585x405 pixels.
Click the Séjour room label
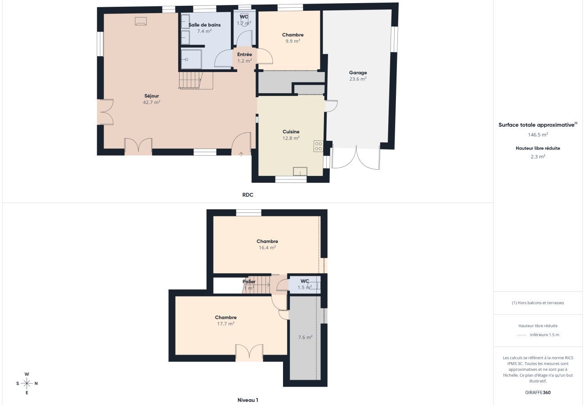(152, 96)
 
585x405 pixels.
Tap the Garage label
(358, 72)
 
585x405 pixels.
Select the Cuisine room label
(291, 132)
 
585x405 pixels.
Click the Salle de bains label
(204, 25)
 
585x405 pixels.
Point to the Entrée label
(244, 54)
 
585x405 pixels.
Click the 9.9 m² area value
(292, 41)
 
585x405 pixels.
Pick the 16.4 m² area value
(267, 247)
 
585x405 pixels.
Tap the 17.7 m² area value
(225, 324)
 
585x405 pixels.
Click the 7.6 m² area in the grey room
(305, 337)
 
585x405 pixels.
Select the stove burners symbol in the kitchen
(318, 146)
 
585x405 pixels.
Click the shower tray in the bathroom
(191, 59)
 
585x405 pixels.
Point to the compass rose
(27, 383)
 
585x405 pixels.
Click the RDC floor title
(247, 195)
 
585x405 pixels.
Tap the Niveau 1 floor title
(247, 400)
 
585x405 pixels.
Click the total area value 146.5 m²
(538, 135)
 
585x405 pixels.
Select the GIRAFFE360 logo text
(538, 392)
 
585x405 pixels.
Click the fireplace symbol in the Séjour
(141, 21)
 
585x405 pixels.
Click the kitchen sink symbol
(300, 171)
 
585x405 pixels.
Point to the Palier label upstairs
(249, 282)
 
